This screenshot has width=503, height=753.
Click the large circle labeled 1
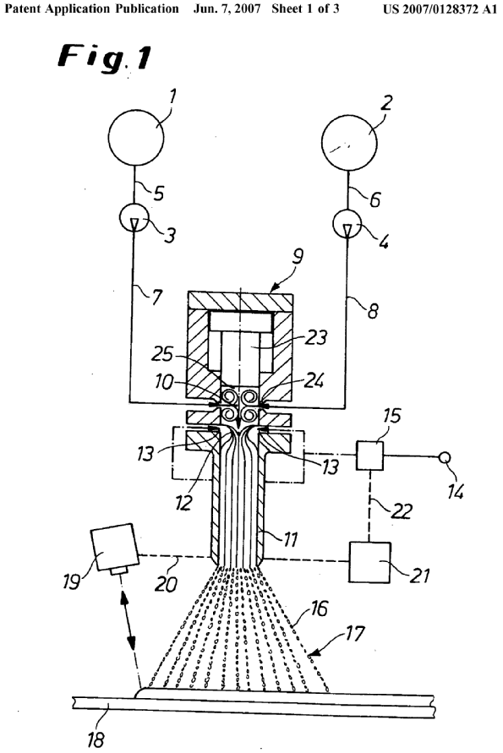pos(136,138)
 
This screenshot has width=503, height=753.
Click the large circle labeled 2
pos(349,143)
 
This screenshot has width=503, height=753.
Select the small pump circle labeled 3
pos(134,219)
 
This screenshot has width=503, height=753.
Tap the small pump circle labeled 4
pos(347,224)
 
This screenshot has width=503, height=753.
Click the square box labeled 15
pos(369,456)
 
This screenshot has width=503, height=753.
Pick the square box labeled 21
pos(369,562)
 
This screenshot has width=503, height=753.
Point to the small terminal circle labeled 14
pos(445,458)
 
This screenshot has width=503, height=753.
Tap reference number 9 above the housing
pos(298,256)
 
